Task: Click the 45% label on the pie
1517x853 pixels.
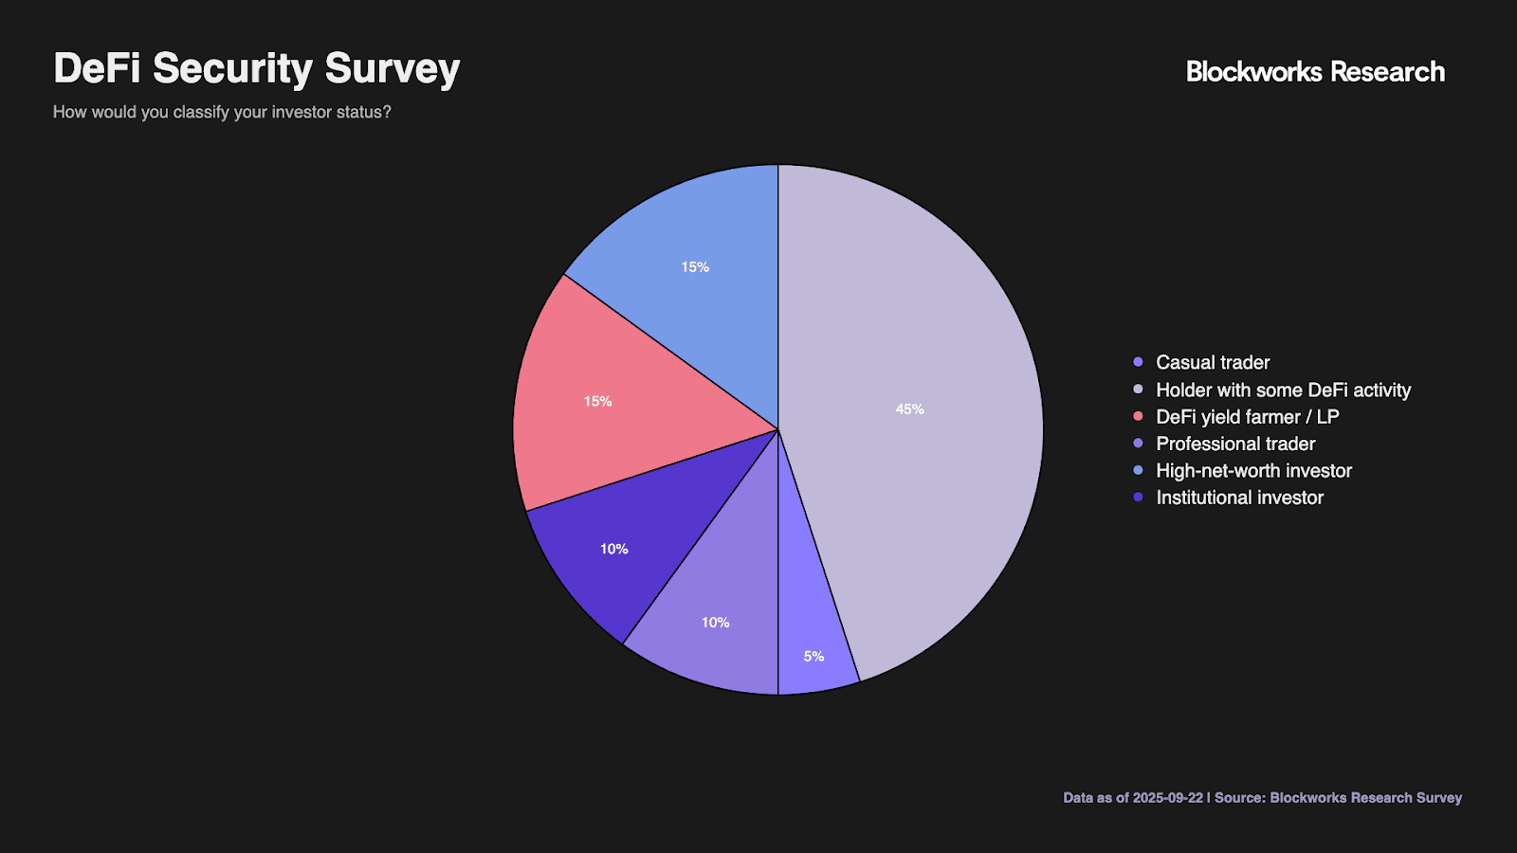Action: pyautogui.click(x=909, y=409)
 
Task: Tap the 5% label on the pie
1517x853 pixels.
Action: pyautogui.click(x=813, y=656)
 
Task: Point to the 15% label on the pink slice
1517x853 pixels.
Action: pyautogui.click(x=597, y=402)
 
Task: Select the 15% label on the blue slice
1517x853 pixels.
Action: pyautogui.click(x=695, y=267)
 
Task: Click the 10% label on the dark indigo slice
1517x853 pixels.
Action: pyautogui.click(x=613, y=549)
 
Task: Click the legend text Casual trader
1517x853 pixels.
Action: pyautogui.click(x=1213, y=363)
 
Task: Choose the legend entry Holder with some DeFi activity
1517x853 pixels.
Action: pyautogui.click(x=1283, y=390)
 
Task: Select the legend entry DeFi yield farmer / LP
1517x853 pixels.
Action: pyautogui.click(x=1247, y=417)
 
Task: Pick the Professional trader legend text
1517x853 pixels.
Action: pyautogui.click(x=1235, y=444)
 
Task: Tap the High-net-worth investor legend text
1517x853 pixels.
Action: pyautogui.click(x=1253, y=471)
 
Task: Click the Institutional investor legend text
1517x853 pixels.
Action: pyautogui.click(x=1239, y=498)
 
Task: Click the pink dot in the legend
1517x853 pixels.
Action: pyautogui.click(x=1138, y=416)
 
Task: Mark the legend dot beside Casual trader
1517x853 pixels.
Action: pyautogui.click(x=1138, y=362)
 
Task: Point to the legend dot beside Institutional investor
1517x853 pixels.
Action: pyautogui.click(x=1138, y=497)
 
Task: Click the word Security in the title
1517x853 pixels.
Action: pyautogui.click(x=232, y=68)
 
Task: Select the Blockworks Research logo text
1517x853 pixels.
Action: pyautogui.click(x=1315, y=72)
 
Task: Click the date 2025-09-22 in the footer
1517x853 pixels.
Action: pyautogui.click(x=1167, y=798)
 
